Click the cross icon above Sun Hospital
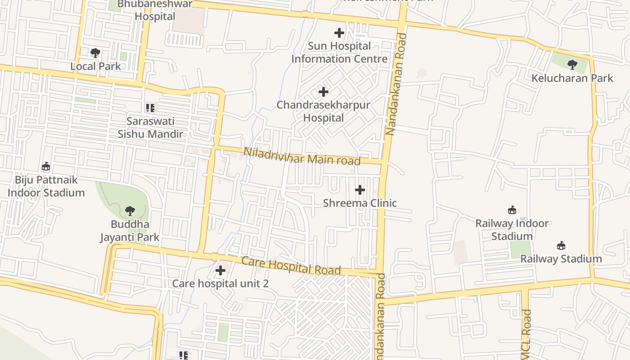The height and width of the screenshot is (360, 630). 339,33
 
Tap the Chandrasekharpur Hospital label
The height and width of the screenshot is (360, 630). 323,111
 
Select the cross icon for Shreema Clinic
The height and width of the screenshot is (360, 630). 360,190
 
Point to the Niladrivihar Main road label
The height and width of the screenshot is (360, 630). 302,156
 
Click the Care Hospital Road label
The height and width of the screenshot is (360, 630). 291,265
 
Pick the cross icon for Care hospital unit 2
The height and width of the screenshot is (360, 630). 220,270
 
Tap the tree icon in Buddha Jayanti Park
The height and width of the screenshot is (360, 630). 130,210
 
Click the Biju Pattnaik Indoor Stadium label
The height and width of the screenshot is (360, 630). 46,186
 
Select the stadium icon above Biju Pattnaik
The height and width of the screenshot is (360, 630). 46,166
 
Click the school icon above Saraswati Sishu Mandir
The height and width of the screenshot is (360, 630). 150,108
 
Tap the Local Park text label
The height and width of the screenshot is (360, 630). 95,66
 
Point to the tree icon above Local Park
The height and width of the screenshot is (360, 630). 95,53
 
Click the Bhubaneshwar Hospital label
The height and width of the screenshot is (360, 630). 155,10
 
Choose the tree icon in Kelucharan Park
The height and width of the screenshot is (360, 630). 572,65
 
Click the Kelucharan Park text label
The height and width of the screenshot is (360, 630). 572,78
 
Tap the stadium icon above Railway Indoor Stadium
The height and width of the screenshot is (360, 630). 512,210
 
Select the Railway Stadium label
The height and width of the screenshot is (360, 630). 561,259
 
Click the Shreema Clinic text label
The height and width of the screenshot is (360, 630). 360,203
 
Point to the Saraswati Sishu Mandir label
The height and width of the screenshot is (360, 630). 150,128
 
